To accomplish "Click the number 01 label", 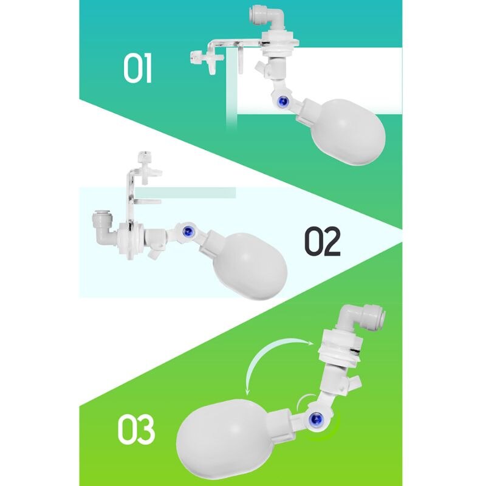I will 137,69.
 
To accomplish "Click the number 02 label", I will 322,241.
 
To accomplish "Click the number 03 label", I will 136,429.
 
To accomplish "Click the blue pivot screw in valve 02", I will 188,230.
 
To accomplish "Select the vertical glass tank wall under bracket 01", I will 230,97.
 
